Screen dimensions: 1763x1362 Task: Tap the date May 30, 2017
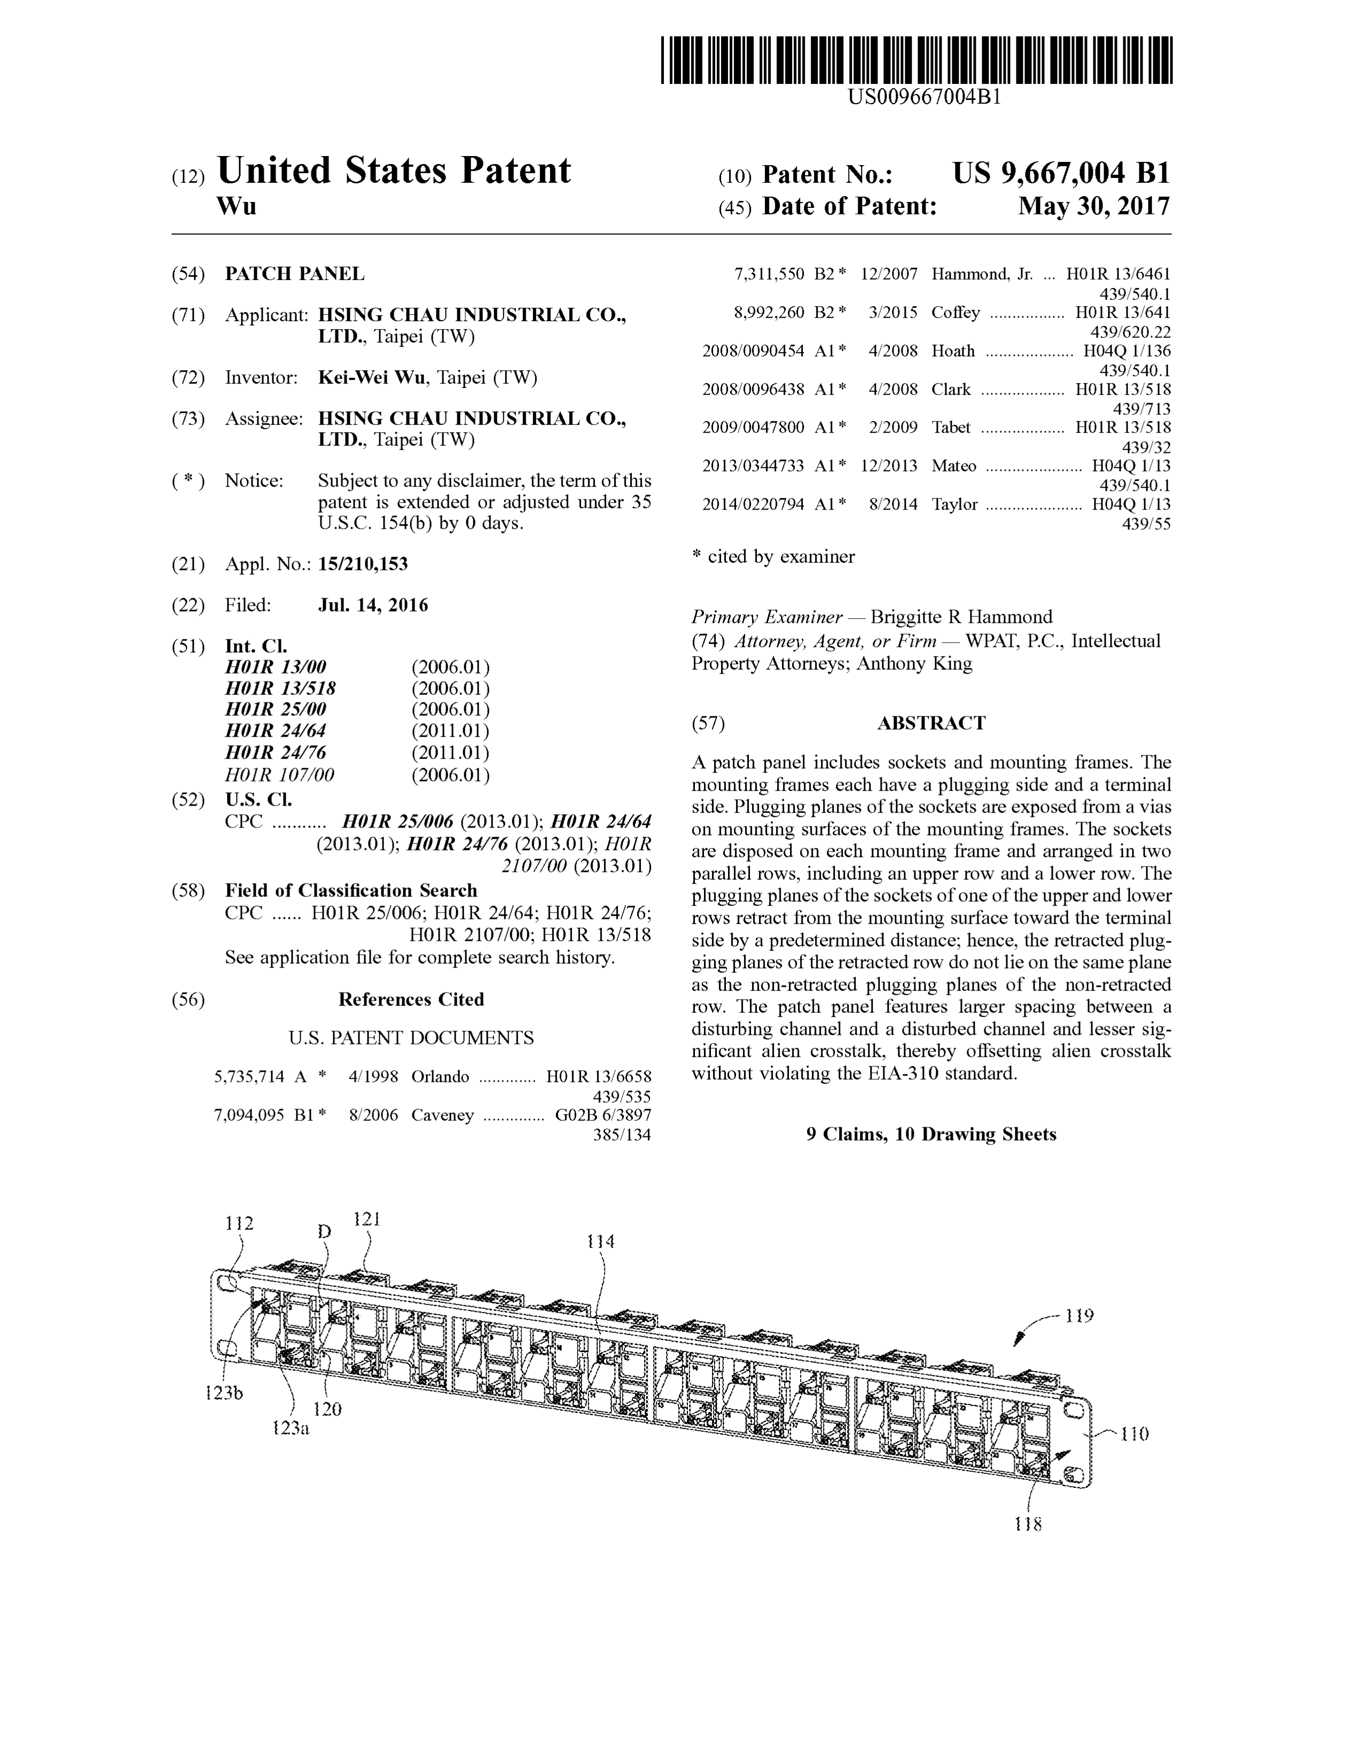[1093, 207]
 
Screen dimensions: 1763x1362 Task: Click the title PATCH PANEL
[294, 274]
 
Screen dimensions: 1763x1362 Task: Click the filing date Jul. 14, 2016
[373, 605]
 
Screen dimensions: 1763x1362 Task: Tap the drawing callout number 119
[1079, 1316]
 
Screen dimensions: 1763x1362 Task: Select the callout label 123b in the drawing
[224, 1392]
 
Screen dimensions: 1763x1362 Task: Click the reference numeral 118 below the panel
[1028, 1524]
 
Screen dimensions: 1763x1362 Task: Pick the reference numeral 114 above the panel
[600, 1242]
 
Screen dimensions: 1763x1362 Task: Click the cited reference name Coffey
[956, 313]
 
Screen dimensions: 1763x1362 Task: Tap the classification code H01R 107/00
[279, 775]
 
